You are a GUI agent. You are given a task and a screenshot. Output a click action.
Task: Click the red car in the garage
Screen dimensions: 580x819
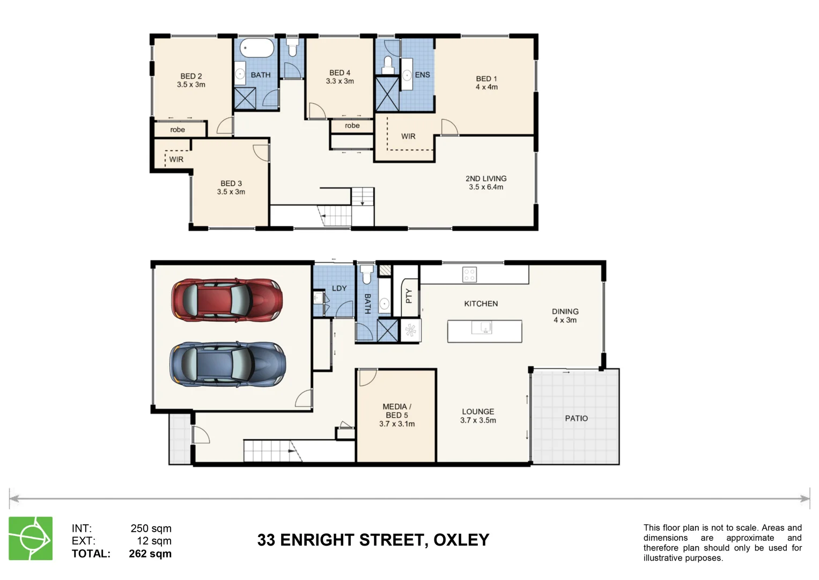[227, 300]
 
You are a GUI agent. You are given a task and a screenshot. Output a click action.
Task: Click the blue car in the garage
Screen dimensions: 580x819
[227, 364]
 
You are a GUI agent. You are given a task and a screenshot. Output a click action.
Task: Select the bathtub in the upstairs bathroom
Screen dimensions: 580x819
[256, 48]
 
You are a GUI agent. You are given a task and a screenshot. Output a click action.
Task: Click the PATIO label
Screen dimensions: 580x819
[576, 418]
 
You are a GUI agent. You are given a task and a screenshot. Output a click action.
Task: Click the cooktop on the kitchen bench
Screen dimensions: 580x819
[469, 274]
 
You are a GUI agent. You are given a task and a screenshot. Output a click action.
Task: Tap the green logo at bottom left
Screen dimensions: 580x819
[31, 538]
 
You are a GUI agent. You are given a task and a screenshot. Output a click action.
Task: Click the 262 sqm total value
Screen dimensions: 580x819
[150, 554]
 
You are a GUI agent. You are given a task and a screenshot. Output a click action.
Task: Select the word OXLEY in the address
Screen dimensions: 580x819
[461, 540]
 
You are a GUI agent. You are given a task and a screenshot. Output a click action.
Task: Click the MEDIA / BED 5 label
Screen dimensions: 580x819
[397, 415]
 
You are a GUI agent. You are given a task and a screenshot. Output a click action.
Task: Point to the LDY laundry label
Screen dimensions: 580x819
[339, 288]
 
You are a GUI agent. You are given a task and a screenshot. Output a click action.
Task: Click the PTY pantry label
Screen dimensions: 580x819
[409, 296]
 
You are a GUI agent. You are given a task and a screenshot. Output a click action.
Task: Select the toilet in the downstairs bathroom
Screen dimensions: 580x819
[367, 274]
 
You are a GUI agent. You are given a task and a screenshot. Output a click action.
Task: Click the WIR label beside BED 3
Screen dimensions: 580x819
[176, 160]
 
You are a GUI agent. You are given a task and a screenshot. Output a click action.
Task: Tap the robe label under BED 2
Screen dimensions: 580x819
[178, 130]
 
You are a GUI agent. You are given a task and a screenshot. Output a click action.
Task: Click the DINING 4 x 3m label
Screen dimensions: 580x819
[565, 315]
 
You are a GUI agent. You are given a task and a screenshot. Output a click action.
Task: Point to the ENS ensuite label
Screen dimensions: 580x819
[422, 75]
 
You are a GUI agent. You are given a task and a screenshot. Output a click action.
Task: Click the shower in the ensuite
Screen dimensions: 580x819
[387, 94]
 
